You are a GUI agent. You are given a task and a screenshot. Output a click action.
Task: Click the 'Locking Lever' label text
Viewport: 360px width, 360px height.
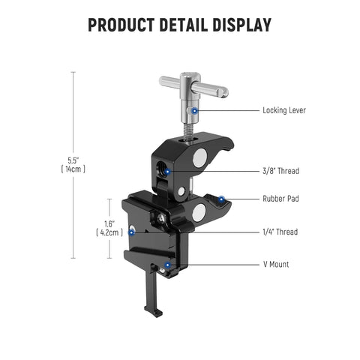283,110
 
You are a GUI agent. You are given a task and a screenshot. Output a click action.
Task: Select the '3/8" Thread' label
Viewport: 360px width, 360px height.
280,171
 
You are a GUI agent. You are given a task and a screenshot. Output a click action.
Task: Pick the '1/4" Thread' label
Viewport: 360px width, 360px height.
280,232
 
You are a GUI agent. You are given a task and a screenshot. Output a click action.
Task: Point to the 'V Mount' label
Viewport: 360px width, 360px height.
275,264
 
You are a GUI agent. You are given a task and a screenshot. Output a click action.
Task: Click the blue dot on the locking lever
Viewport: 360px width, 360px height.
194,110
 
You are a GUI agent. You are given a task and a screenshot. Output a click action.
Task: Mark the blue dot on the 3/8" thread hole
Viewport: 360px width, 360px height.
168,171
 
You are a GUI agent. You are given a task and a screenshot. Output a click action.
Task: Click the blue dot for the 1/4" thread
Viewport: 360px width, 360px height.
132,232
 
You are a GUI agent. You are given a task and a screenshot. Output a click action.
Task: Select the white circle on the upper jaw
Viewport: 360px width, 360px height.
199,157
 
